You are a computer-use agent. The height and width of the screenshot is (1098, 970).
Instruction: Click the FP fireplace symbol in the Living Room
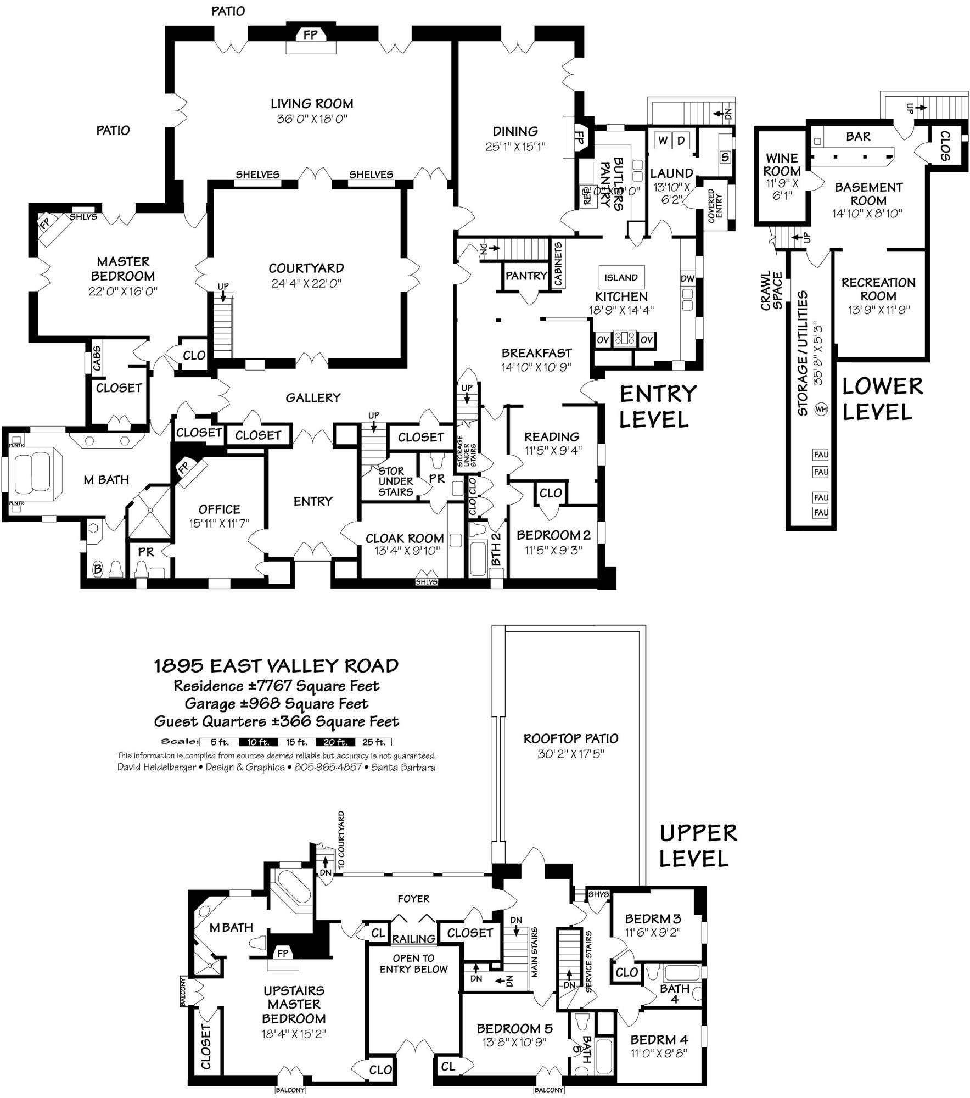click(310, 35)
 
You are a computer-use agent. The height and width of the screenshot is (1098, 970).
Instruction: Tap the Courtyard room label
click(306, 268)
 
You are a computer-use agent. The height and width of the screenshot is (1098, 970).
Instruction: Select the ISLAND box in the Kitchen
click(621, 278)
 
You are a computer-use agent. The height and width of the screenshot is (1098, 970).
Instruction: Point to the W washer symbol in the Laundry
click(663, 141)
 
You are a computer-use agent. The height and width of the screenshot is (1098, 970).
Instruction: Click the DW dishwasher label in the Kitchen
click(687, 279)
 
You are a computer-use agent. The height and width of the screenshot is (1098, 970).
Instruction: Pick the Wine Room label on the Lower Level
click(782, 165)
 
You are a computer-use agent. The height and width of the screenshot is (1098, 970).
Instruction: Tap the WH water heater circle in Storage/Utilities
click(821, 409)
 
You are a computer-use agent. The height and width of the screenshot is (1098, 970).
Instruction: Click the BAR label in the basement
click(858, 137)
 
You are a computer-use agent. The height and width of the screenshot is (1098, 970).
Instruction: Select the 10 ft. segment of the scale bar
click(258, 742)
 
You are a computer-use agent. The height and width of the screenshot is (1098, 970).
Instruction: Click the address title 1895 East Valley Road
click(276, 666)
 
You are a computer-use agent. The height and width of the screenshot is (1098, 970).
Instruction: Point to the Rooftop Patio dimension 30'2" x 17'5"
click(571, 754)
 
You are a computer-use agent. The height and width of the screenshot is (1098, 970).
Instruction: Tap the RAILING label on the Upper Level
click(413, 939)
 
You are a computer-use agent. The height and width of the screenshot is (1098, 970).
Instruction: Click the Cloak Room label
click(405, 539)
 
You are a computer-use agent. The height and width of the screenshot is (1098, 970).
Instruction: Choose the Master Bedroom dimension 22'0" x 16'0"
click(123, 291)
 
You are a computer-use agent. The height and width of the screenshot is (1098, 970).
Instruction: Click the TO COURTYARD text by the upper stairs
click(341, 839)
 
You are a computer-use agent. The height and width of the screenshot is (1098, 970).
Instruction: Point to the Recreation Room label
click(878, 289)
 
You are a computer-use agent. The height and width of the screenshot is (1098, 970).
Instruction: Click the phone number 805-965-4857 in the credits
click(328, 767)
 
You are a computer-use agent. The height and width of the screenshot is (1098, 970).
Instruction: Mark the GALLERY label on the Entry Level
click(313, 397)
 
